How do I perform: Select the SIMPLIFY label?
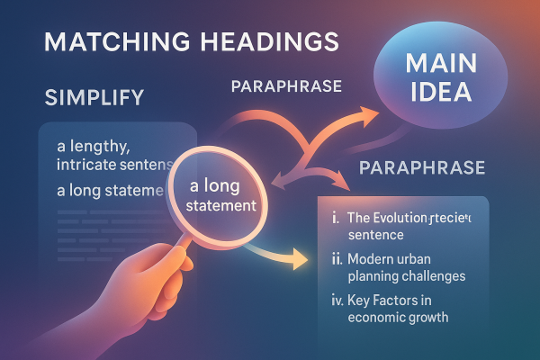[89, 98]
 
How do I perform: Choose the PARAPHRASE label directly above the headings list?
[422, 168]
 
